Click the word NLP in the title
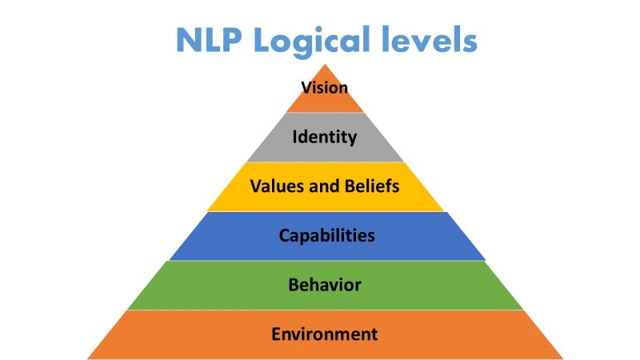209,39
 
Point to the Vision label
325,87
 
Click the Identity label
325,137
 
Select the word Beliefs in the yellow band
372,186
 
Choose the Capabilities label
326,235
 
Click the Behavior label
325,285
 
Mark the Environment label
325,334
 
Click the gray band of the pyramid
325,137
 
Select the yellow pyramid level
325,186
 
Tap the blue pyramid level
326,236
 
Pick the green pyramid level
325,286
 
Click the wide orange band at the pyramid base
325,334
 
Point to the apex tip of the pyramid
325,65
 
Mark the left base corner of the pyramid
88,358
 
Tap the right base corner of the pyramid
562,358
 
